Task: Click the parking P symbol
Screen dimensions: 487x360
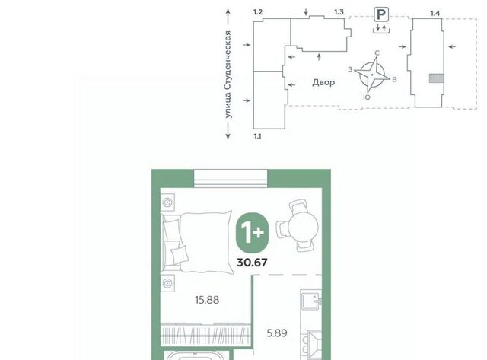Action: [381, 14]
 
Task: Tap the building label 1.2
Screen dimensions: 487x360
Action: [258, 12]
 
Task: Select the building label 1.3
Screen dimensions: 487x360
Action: [339, 12]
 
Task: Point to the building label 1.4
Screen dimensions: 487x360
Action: [434, 14]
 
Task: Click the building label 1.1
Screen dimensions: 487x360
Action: [257, 136]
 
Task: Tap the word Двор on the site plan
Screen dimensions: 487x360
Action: [323, 82]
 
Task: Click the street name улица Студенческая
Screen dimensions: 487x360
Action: [228, 75]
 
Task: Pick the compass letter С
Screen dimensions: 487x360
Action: [377, 53]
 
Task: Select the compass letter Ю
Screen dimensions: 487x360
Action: [367, 97]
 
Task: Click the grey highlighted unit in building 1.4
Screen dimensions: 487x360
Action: [436, 78]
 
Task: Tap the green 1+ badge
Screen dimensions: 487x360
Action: [252, 232]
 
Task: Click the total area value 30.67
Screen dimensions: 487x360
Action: [252, 263]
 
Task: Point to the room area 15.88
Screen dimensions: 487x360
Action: [207, 300]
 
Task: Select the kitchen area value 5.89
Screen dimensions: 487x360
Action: [277, 333]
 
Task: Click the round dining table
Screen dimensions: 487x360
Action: [303, 227]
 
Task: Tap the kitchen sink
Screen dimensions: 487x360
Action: [311, 300]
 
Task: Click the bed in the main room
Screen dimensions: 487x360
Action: [197, 242]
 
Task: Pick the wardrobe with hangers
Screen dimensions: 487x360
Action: [205, 335]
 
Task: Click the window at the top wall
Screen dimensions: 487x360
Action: [231, 179]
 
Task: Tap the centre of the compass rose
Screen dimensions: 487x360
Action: [372, 75]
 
